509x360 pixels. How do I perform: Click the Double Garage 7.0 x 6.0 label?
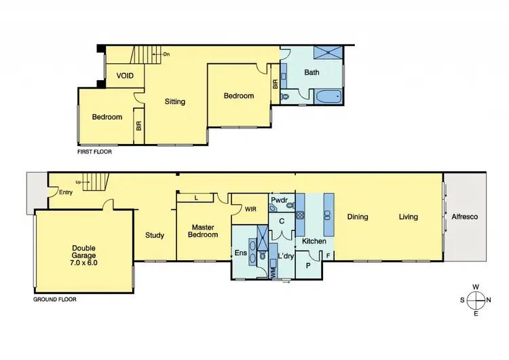coord(84,255)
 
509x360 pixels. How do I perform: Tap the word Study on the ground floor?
coord(155,236)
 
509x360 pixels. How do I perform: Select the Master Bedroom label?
coord(204,231)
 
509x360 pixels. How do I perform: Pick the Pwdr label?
coord(279,201)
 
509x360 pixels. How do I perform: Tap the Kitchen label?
coord(314,242)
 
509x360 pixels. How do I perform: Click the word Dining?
coord(358,217)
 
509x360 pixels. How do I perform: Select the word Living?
coord(408,217)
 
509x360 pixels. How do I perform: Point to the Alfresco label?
coord(465,217)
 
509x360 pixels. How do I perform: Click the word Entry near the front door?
coord(65,192)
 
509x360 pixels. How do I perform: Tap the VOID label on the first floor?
coord(125,75)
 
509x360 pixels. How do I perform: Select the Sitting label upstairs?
coord(175,102)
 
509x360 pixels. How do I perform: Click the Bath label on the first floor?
coord(312,72)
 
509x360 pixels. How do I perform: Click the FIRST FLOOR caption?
coord(95,151)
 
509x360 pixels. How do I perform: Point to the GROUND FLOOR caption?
coord(54,299)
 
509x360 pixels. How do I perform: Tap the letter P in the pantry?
coord(307,264)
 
